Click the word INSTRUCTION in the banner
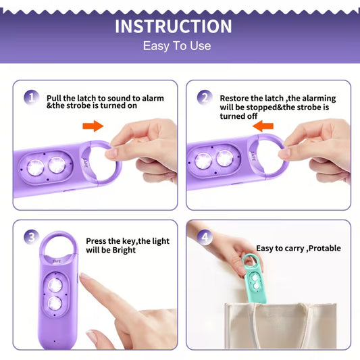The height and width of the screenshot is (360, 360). [x=174, y=26]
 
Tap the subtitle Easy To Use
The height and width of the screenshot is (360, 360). [x=177, y=46]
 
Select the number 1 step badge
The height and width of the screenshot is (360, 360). [x=31, y=97]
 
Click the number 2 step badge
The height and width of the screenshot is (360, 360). [x=205, y=97]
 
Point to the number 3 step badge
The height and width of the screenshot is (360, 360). [x=31, y=237]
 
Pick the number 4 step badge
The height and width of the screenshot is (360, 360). [x=205, y=237]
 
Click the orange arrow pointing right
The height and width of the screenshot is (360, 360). [x=93, y=126]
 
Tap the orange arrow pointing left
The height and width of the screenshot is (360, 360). [x=263, y=126]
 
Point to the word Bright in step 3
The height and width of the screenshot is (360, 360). [x=124, y=251]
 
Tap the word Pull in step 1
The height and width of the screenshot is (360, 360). [x=54, y=98]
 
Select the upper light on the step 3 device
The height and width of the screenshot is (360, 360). [x=55, y=286]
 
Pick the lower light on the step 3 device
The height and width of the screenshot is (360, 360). [x=55, y=303]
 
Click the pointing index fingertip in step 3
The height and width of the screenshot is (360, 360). [x=83, y=278]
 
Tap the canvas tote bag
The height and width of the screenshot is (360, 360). [x=281, y=326]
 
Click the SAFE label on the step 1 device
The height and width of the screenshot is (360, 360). [x=84, y=163]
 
